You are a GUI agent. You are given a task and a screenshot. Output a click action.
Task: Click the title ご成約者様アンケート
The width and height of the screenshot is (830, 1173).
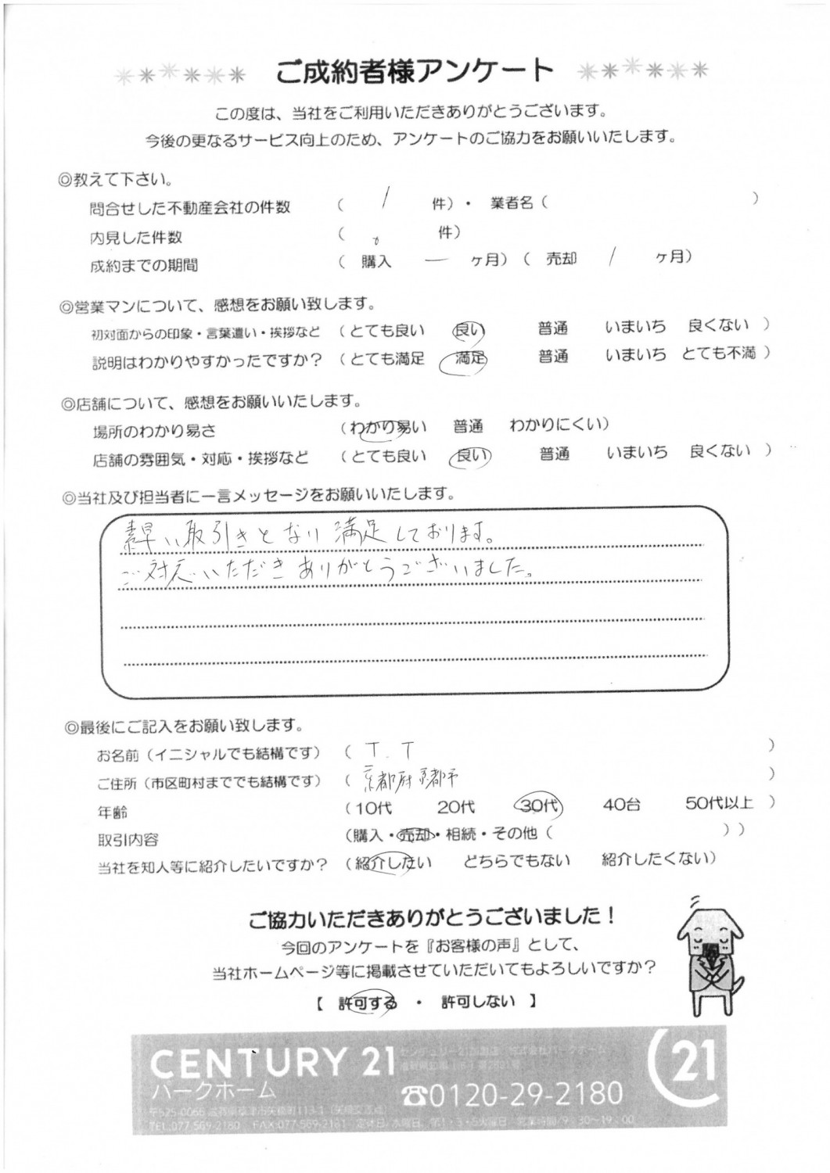coord(415,72)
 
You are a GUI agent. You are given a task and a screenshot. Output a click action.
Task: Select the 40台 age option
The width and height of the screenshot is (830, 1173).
coord(623,804)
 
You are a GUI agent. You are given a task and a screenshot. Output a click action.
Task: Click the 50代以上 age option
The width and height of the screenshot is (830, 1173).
coord(719,802)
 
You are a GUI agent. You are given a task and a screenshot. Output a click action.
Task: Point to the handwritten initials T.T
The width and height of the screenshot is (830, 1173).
coord(389,752)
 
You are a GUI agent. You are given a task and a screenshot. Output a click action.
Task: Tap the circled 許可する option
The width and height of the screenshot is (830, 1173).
coord(367,1003)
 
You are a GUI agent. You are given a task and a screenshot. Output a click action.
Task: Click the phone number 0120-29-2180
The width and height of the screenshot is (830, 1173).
coord(512,1092)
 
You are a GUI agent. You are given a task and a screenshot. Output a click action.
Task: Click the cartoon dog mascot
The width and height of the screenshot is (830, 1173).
coord(709,954)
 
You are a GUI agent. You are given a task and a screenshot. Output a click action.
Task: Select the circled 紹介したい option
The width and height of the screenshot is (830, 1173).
coord(392,863)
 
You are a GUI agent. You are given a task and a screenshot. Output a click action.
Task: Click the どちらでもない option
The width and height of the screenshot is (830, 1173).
coord(516,861)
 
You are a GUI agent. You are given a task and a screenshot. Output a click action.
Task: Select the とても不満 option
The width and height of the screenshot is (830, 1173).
coord(719,353)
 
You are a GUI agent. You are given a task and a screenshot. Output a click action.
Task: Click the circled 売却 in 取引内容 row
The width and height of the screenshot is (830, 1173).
coord(413,834)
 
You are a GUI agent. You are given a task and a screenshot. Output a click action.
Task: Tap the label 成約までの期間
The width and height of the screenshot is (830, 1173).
coord(144,265)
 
